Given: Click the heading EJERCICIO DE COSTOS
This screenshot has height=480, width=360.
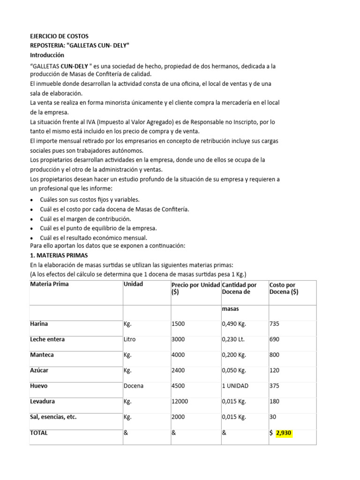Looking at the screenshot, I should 59,36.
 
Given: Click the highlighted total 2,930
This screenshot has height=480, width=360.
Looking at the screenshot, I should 284,433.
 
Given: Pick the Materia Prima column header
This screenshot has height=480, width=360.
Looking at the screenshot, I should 50,284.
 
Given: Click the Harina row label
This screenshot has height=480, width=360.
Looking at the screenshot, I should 39,324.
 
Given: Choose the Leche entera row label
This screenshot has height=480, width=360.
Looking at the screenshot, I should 47,339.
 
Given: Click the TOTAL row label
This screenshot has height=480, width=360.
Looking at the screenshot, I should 39,433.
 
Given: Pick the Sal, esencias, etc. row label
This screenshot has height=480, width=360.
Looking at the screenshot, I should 53,417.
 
